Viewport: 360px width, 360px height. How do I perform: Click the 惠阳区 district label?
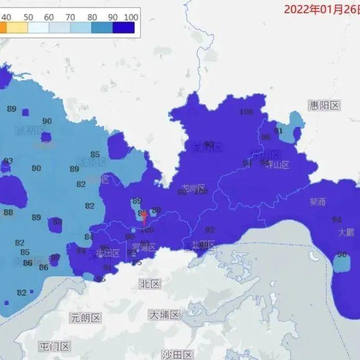click(x=324, y=105)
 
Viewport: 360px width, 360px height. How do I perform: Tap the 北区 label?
click(x=149, y=284)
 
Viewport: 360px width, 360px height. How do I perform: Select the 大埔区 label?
click(x=165, y=315)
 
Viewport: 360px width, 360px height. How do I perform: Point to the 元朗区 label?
click(x=85, y=318)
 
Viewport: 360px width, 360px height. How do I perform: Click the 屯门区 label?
click(x=54, y=347)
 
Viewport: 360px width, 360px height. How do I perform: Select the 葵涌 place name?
click(x=318, y=202)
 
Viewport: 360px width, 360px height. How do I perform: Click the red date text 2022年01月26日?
click(x=321, y=9)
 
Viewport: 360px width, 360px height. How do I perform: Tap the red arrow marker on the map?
click(x=144, y=217)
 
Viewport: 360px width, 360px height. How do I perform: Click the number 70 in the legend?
click(x=70, y=17)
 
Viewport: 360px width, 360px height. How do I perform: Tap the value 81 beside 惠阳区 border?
click(x=278, y=131)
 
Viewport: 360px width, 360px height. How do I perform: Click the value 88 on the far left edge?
click(x=8, y=212)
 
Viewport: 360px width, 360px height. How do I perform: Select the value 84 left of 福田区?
click(x=89, y=237)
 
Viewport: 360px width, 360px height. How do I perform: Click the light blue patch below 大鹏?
click(x=342, y=263)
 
